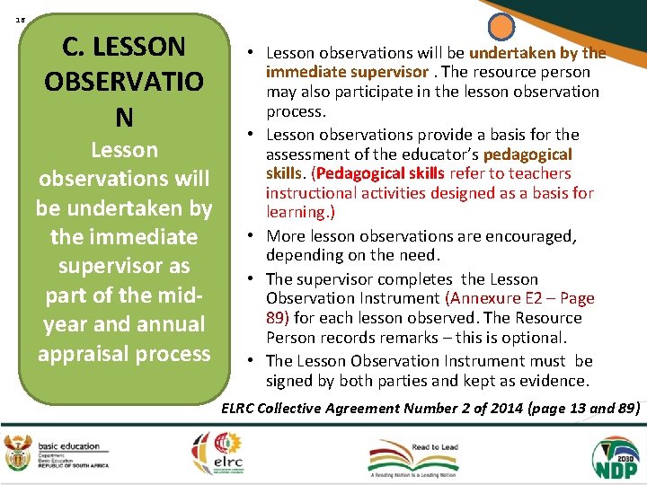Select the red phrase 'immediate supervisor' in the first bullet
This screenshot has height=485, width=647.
coord(346,72)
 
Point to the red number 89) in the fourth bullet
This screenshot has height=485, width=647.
coord(277,317)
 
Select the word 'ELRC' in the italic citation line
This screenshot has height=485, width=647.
coord(237,409)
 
